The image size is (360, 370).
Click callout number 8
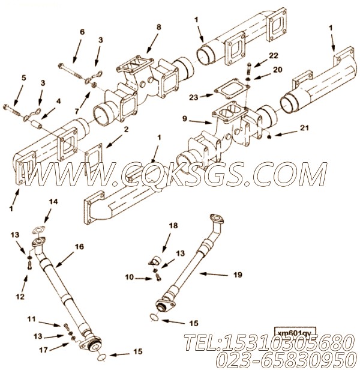[x=159, y=27]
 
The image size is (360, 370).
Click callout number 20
[x=277, y=70]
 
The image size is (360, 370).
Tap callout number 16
[x=79, y=246]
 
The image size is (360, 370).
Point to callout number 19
[x=238, y=274]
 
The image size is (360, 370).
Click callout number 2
[x=126, y=129]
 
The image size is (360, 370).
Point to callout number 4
[x=59, y=101]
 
